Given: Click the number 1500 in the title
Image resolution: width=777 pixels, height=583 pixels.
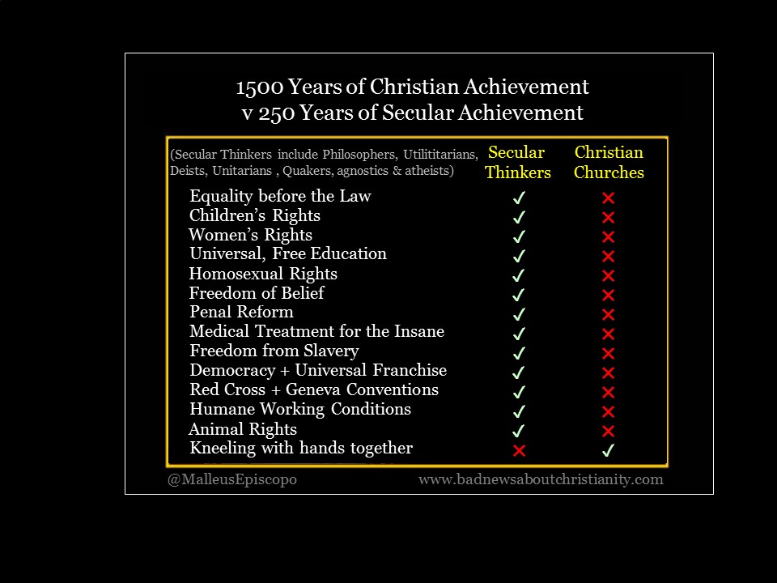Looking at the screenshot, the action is [260, 87].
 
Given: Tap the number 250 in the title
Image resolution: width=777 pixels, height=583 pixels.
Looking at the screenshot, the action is [277, 113].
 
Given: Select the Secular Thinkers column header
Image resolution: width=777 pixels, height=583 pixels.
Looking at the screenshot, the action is [517, 162].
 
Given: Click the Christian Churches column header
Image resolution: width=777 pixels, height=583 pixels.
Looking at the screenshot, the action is [609, 162].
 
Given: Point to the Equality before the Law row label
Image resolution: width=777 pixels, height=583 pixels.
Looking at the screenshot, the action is [280, 196].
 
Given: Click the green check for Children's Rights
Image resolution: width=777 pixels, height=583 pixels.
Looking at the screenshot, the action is [519, 217].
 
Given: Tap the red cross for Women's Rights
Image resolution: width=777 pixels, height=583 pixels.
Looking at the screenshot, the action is [608, 236].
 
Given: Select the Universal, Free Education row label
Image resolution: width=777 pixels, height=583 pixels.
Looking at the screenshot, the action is [288, 253].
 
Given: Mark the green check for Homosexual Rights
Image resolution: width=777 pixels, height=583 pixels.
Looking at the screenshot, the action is [519, 275].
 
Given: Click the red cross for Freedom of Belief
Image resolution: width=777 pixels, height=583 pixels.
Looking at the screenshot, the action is [608, 295].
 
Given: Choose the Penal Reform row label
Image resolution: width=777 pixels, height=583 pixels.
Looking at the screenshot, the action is [241, 312].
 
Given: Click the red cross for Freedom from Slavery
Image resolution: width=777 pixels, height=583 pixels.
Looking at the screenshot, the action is [608, 354].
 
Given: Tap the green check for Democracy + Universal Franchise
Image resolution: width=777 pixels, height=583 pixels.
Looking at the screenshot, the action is [519, 372].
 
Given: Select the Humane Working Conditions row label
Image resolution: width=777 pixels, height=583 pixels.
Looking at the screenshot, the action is [300, 410].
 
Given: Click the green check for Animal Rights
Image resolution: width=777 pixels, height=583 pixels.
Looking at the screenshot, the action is [519, 431].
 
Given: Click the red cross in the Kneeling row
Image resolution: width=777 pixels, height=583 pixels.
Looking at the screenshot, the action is [519, 451].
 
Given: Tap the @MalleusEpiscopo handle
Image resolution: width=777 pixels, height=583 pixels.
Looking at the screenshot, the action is [232, 480].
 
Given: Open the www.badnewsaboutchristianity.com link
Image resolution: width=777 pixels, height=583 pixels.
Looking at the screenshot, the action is [541, 480].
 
